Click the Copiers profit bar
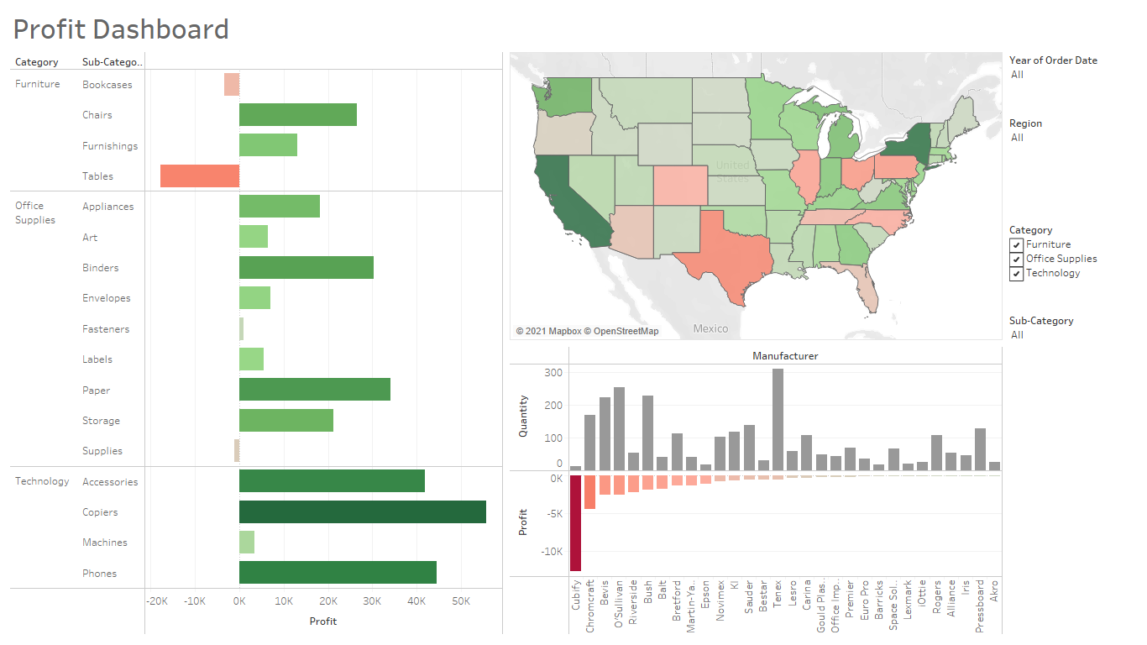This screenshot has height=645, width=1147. coord(362,512)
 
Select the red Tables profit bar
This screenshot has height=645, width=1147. coord(200,176)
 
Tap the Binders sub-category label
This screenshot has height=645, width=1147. coord(101,268)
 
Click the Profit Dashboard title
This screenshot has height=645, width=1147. coord(121,29)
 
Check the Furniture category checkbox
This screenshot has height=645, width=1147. coord(1016,244)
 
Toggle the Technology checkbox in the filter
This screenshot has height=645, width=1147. coord(1016,273)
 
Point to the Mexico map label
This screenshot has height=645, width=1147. coord(710,328)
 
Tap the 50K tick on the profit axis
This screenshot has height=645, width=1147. coord(460,601)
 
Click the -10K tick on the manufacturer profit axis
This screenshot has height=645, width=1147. coord(552,552)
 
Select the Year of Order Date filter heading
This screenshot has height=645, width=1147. coord(1053,60)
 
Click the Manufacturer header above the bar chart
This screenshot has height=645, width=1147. coord(785,356)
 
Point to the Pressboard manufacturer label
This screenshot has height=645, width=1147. coord(980,605)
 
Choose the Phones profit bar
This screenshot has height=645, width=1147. coord(338,573)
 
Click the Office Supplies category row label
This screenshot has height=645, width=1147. coord(35,212)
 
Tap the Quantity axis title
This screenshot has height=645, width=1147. coord(523,416)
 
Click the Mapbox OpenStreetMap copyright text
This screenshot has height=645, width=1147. coord(587,331)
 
